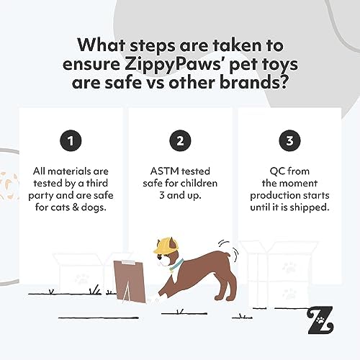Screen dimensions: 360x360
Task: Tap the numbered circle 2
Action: click(180, 141)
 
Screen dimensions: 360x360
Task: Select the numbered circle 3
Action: click(290, 141)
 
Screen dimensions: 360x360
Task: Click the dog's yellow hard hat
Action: click(160, 246)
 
